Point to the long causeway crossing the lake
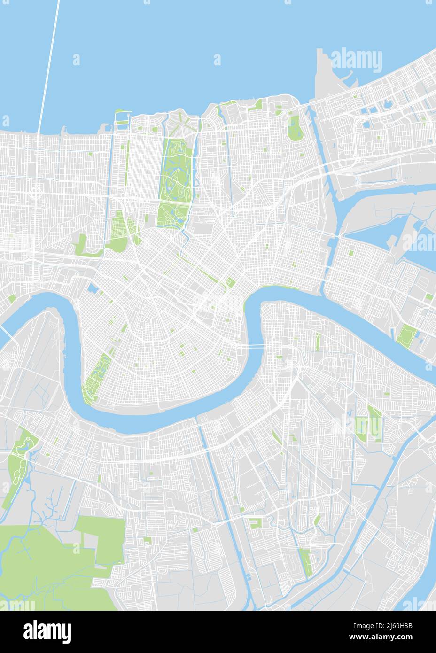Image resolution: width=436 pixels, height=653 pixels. point(49,66)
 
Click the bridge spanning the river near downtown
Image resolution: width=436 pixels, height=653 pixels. point(254,346)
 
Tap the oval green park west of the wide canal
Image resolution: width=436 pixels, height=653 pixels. point(295,128)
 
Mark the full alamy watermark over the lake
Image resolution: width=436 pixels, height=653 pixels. point(357,60)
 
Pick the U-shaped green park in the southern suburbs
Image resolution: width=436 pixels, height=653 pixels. point(255,523)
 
